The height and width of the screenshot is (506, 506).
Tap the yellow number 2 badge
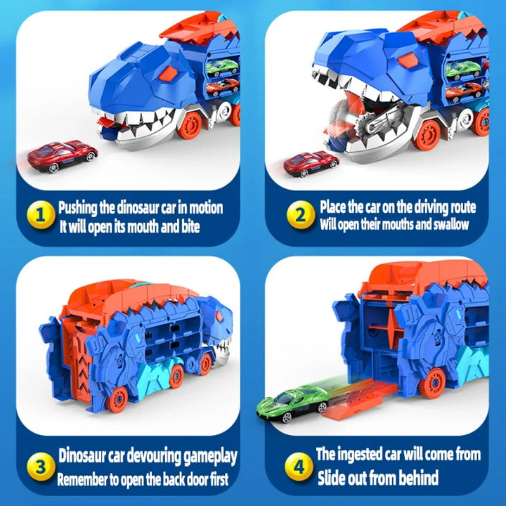[301, 216]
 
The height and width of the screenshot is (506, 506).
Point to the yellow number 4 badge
[300, 465]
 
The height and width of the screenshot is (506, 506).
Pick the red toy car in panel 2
[311, 163]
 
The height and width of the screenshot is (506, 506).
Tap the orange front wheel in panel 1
[190, 125]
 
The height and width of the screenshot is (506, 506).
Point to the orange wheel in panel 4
[432, 384]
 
